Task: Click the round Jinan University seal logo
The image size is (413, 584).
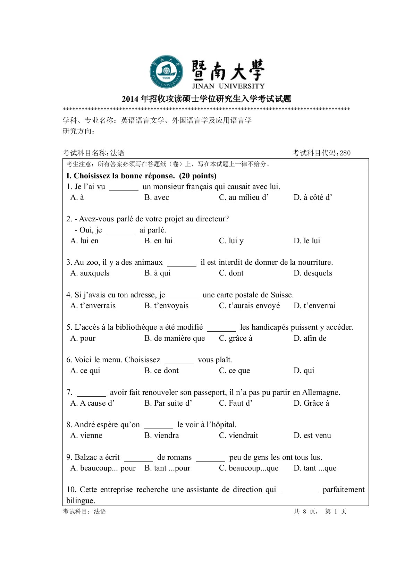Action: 167,71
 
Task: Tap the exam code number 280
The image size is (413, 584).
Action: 345,153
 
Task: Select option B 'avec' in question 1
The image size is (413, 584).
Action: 157,197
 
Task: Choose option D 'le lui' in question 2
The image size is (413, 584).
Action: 307,241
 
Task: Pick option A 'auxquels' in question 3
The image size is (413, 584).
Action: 90,273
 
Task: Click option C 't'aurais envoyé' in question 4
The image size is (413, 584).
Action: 249,306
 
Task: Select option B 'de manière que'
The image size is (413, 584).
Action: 175,338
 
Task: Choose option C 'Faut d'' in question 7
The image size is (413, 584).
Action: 236,403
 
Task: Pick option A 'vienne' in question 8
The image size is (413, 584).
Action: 86,435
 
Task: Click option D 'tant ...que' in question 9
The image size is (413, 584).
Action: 315,468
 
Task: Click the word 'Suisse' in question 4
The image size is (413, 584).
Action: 282,295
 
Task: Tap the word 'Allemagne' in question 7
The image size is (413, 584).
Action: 321,392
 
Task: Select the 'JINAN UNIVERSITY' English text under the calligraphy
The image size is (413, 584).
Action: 228,86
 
